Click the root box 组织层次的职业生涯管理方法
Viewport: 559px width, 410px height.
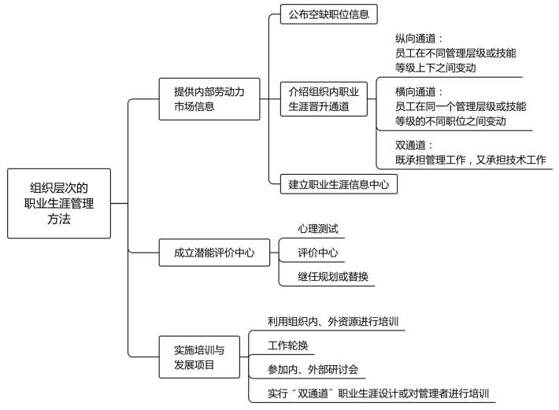(59, 203)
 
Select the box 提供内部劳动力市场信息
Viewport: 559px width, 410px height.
(209, 99)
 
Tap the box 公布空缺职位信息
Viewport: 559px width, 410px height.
(328, 14)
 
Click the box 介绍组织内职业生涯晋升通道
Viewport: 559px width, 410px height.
(324, 99)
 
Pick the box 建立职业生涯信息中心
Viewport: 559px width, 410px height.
(339, 184)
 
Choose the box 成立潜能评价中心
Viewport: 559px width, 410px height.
(214, 253)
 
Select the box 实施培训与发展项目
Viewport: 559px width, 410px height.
(199, 357)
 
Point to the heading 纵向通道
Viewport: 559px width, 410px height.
(416, 39)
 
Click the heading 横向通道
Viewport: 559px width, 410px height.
(416, 92)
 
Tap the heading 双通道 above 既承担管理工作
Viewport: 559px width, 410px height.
(410, 145)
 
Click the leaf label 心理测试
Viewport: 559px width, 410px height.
(317, 229)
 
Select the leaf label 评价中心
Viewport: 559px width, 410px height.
(317, 253)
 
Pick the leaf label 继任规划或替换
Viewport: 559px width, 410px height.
(333, 276)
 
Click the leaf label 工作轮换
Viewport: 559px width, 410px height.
(287, 345)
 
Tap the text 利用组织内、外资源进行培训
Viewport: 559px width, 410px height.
(333, 321)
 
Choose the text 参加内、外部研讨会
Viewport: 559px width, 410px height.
(313, 369)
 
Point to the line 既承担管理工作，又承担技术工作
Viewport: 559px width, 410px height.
(471, 160)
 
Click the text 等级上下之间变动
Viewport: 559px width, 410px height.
(435, 68)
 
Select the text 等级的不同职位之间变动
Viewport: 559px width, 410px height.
(450, 121)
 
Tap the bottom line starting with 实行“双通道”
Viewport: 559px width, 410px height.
(378, 393)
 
